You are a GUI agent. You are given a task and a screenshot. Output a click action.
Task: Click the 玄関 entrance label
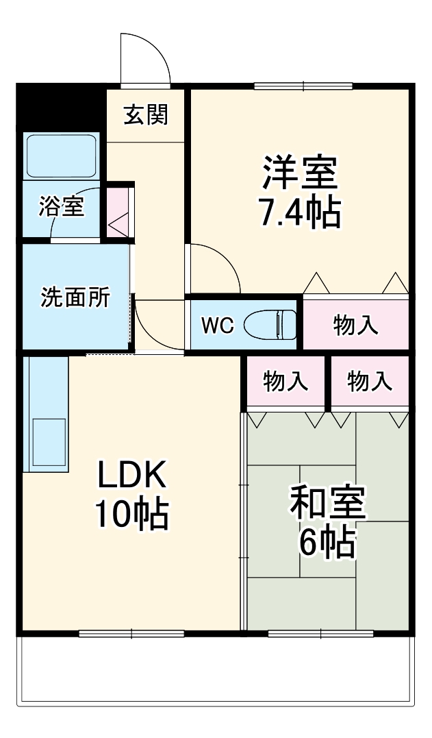click(145, 115)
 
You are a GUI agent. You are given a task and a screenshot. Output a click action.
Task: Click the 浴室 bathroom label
click(62, 206)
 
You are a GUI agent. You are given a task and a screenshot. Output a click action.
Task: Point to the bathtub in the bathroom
click(62, 156)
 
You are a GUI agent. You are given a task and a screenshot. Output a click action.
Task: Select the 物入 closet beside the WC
click(356, 325)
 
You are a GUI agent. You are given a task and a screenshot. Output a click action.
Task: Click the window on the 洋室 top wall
click(303, 86)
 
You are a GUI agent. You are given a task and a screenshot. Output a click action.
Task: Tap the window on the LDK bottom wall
click(131, 632)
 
